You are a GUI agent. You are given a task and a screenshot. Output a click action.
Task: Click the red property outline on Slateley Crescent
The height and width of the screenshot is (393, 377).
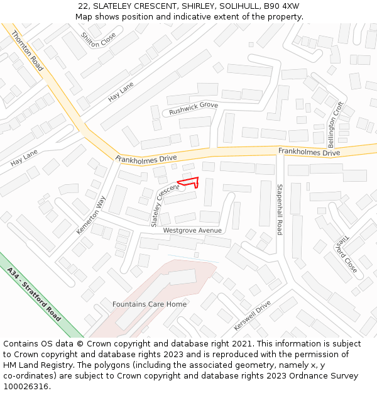(x=189, y=182)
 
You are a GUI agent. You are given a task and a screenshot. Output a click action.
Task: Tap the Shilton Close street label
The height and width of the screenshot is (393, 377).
(x=99, y=39)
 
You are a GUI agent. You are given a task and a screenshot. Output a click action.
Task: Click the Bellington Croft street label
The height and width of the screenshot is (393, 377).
(x=340, y=124)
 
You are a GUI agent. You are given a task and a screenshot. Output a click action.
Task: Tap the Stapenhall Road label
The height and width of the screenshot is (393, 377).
(x=280, y=209)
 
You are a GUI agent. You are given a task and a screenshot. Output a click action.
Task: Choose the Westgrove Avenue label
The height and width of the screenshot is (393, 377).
(x=192, y=230)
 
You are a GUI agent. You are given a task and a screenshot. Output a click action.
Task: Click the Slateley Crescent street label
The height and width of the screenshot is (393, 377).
(x=165, y=206)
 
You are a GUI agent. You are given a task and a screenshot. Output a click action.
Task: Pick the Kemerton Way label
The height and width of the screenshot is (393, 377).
(x=92, y=214)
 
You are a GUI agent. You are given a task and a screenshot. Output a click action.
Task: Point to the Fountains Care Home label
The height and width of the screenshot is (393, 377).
(x=150, y=304)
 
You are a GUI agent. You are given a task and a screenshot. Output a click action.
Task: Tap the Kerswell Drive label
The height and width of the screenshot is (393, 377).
(x=252, y=316)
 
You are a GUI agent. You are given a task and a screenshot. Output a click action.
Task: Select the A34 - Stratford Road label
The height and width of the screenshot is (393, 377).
(x=35, y=294)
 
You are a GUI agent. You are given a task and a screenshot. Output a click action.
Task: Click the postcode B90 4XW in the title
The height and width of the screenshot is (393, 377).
(x=281, y=6)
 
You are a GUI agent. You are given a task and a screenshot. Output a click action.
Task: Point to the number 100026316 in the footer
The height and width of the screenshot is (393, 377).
(x=26, y=387)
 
